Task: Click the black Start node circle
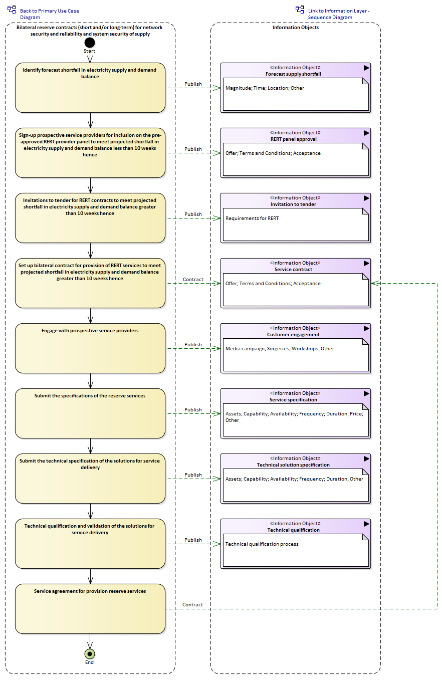click(90, 43)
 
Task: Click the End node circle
click(90, 653)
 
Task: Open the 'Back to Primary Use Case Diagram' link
click(49, 14)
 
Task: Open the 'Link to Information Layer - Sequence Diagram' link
click(338, 14)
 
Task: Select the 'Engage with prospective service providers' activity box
click(90, 348)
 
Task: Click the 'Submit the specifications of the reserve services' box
click(90, 413)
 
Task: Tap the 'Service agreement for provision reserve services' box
click(90, 609)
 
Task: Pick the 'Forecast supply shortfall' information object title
click(293, 74)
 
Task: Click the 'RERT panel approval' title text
click(294, 139)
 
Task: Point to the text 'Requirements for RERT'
click(252, 218)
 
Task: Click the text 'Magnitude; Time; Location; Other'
click(265, 88)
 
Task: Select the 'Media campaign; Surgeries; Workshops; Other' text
click(280, 349)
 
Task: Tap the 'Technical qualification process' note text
click(262, 544)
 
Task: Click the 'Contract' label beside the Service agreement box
click(192, 605)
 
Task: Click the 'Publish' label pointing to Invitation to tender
click(193, 214)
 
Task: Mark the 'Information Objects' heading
click(296, 28)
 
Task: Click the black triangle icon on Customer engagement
click(366, 329)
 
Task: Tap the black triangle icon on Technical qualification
click(366, 524)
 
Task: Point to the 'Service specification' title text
click(293, 400)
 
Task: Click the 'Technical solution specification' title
click(293, 465)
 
